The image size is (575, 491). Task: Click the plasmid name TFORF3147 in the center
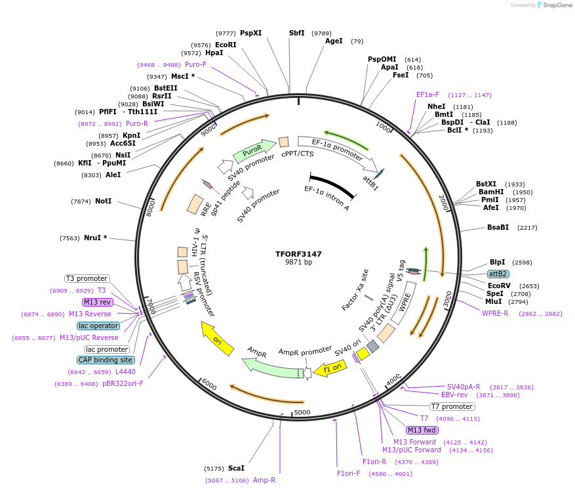[x=298, y=253]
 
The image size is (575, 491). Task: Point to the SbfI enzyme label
[x=297, y=33]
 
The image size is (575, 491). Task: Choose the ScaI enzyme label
[x=236, y=468]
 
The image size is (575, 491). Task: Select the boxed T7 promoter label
[x=452, y=407]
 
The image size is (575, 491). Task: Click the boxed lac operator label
[x=98, y=326]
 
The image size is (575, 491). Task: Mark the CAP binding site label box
[x=106, y=360]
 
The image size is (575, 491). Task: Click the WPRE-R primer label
[x=495, y=313]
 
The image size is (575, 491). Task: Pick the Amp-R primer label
[x=264, y=480]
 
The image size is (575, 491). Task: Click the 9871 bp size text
[x=298, y=263]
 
